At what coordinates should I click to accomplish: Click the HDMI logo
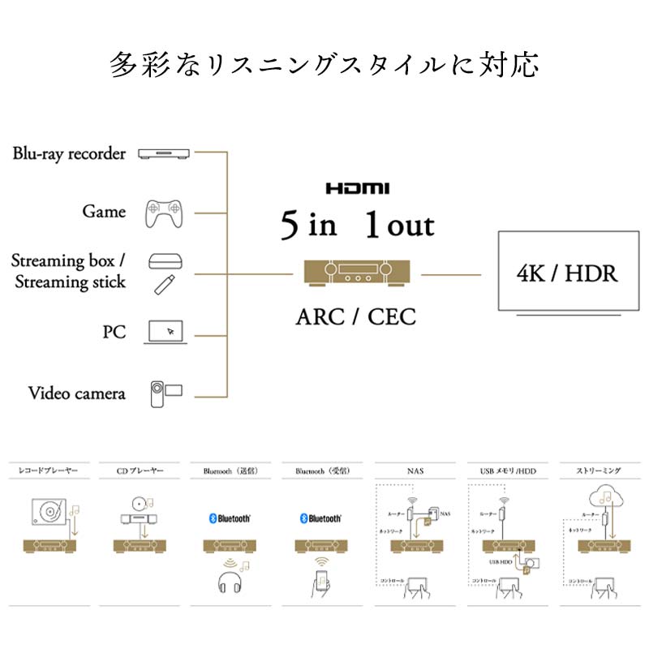click(358, 188)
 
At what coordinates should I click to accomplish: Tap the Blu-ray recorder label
click(69, 153)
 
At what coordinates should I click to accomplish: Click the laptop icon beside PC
click(166, 332)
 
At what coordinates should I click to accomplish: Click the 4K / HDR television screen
click(566, 273)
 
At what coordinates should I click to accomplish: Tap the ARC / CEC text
click(355, 316)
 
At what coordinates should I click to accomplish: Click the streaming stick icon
click(165, 283)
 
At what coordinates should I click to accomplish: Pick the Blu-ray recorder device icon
click(165, 153)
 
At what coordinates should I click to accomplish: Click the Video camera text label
click(77, 393)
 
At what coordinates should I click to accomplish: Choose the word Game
click(104, 212)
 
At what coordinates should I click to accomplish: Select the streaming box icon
click(165, 261)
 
